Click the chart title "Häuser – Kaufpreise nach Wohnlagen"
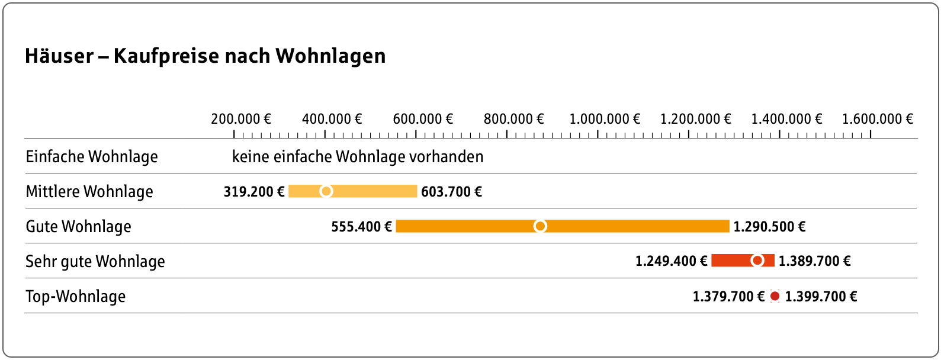click(205, 56)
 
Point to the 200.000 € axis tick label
click(240, 119)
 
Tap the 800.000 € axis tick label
click(513, 119)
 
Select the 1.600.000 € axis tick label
click(877, 119)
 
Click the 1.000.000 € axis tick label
click(605, 119)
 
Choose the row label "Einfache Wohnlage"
click(92, 157)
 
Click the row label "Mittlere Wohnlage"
click(89, 192)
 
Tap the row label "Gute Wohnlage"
click(78, 227)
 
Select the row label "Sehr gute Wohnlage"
click(95, 262)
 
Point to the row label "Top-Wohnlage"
click(75, 297)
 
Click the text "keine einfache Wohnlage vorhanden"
click(358, 157)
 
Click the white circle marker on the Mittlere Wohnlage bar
click(326, 191)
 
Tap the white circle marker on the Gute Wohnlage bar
click(540, 226)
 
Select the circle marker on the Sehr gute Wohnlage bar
click(757, 261)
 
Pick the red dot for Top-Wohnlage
click(775, 296)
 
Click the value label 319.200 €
click(254, 192)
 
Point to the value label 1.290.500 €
click(769, 227)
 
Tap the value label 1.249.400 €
click(671, 261)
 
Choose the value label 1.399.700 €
click(821, 297)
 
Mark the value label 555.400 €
click(361, 227)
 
